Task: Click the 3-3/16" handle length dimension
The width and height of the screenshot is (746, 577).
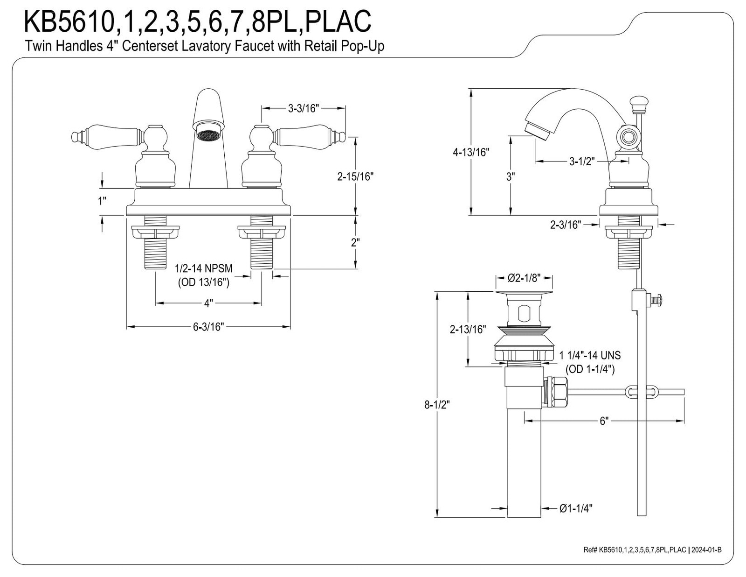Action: [304, 109]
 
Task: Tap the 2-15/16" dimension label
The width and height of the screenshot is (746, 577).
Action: [355, 176]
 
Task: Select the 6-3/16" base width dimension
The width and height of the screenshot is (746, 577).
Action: [208, 326]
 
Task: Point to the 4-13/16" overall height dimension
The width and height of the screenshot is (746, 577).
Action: [470, 152]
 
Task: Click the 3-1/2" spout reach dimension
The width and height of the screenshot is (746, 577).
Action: [582, 161]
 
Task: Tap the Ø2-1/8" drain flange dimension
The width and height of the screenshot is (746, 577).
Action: [524, 278]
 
